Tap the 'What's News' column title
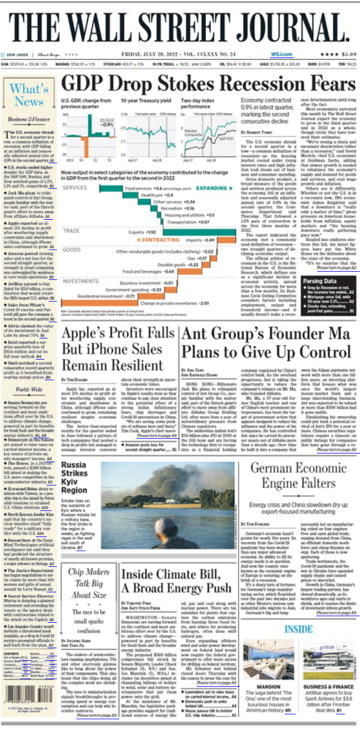click(x=29, y=95)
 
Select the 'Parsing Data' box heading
click(x=319, y=282)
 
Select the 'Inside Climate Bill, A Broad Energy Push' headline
click(x=176, y=581)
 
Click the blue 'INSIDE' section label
click(x=298, y=629)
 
